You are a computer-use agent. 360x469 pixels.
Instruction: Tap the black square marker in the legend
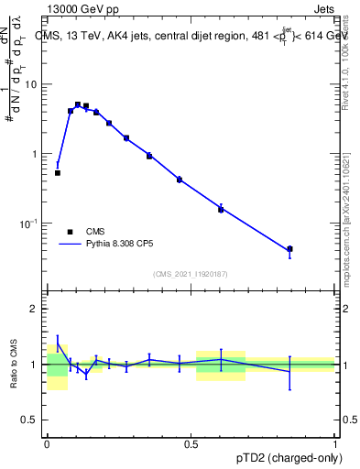(70, 232)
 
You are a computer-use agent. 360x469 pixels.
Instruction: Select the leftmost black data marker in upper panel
(58, 172)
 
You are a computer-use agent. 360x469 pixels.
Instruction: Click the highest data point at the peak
(78, 104)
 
